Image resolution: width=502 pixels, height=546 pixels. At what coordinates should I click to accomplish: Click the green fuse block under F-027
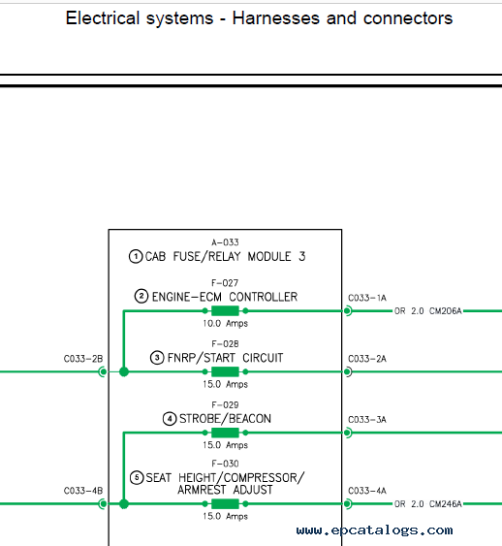(x=225, y=310)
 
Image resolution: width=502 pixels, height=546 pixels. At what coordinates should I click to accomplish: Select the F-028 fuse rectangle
(x=225, y=371)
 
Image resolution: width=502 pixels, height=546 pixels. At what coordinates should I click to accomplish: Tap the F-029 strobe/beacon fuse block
(x=225, y=433)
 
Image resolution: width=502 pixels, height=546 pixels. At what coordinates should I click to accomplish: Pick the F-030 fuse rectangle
(x=225, y=503)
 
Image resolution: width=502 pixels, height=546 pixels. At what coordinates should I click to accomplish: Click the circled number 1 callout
(x=136, y=257)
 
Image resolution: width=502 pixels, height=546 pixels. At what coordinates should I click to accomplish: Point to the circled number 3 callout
(x=157, y=358)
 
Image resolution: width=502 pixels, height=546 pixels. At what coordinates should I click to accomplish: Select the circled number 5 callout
(x=137, y=477)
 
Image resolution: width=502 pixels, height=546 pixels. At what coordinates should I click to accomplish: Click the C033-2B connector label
(x=83, y=359)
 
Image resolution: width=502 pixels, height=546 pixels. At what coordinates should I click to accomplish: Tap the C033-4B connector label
(x=83, y=491)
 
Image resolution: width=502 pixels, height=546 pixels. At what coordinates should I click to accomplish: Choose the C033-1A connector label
(x=367, y=298)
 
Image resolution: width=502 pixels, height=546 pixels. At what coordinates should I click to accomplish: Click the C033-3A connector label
(x=367, y=420)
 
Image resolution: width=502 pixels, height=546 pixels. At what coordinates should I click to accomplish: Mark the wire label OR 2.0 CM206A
(x=428, y=311)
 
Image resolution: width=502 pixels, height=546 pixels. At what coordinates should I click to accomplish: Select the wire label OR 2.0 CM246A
(x=428, y=504)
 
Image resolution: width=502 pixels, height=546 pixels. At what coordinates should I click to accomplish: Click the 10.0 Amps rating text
(x=226, y=324)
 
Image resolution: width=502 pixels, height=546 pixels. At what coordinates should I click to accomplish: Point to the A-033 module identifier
(x=225, y=242)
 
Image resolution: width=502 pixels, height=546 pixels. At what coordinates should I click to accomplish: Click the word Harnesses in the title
(x=276, y=18)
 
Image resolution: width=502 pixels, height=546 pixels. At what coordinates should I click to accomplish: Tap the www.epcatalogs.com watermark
(x=375, y=530)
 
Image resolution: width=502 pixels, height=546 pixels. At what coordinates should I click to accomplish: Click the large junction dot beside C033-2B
(x=124, y=371)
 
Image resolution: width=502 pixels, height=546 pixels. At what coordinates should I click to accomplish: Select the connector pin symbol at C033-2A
(x=348, y=371)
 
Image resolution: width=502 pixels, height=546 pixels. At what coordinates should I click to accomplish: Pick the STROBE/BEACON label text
(x=225, y=419)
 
